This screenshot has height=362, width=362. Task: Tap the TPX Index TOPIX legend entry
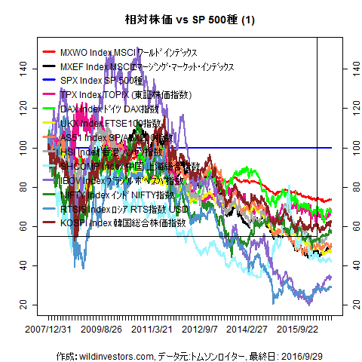coord(125,95)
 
